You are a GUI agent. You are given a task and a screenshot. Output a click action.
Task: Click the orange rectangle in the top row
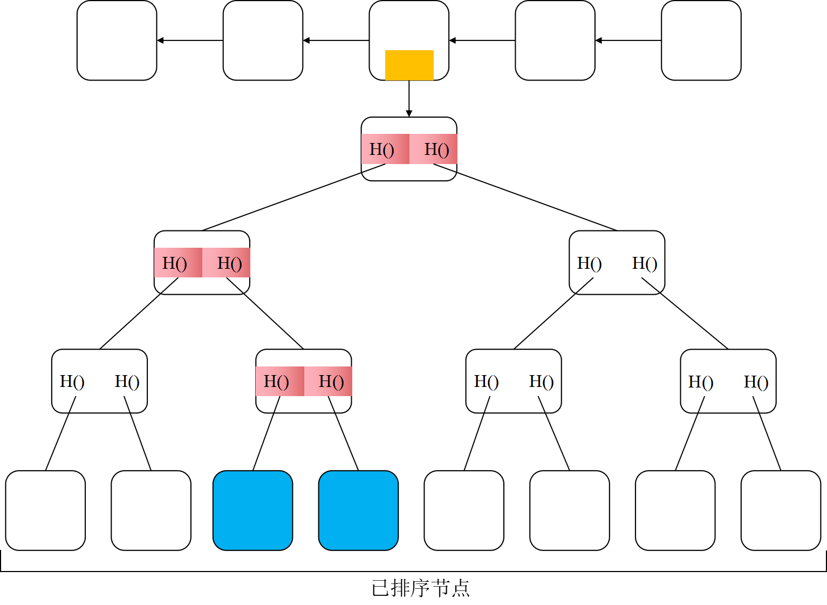tap(409, 65)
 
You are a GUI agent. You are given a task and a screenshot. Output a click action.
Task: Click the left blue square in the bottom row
tap(252, 510)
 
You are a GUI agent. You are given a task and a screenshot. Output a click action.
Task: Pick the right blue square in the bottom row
tap(358, 510)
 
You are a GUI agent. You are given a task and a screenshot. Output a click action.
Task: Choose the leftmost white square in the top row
tap(117, 40)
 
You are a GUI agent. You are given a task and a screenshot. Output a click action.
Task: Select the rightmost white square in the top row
tap(701, 40)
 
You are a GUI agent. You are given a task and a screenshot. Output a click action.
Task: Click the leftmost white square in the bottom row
tap(45, 510)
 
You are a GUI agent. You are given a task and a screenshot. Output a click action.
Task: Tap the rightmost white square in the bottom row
tap(781, 510)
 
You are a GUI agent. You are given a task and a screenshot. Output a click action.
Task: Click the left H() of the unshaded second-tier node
tap(589, 263)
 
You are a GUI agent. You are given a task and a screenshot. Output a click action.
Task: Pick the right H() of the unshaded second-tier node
tap(644, 263)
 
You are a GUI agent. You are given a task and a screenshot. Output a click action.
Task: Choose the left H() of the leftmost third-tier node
tap(72, 382)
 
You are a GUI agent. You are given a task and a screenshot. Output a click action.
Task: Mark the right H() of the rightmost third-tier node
tap(756, 382)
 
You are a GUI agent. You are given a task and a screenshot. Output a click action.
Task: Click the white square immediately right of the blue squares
tap(464, 510)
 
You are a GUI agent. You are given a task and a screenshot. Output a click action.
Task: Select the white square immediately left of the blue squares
tap(151, 510)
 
